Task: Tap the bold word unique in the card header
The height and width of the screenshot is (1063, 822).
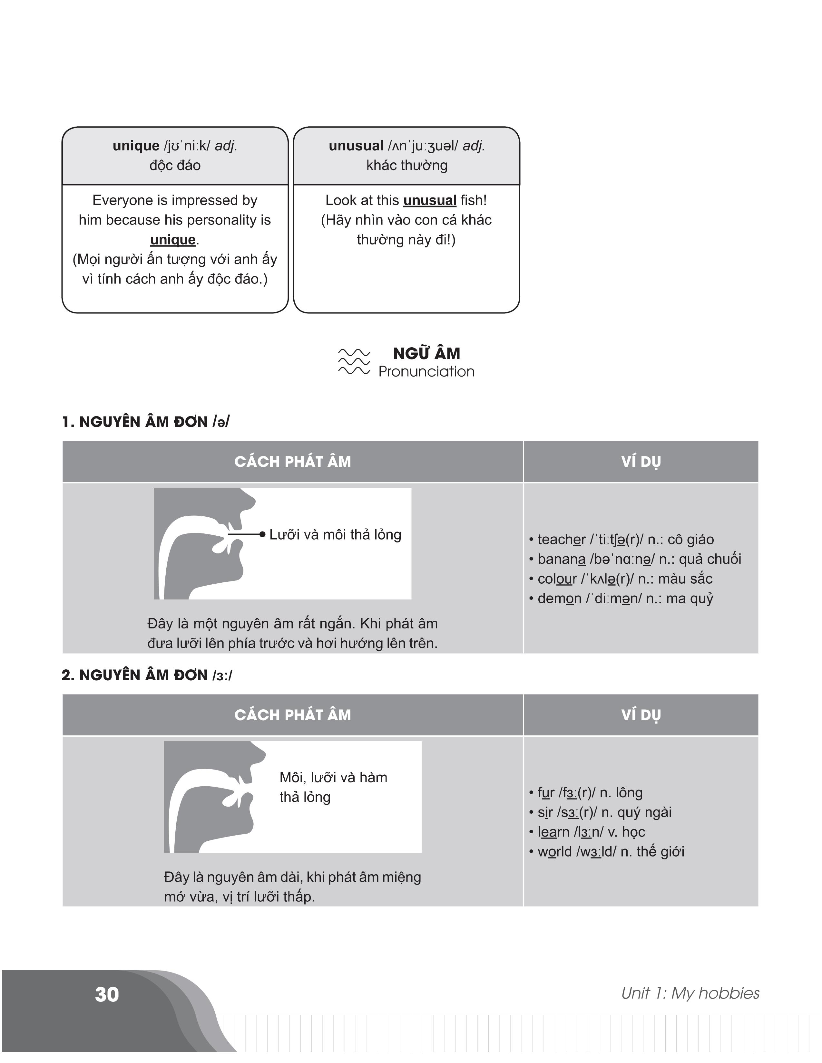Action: pos(136,146)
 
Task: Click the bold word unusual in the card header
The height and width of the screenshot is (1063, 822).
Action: pos(356,146)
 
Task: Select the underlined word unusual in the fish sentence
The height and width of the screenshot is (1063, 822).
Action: pos(429,201)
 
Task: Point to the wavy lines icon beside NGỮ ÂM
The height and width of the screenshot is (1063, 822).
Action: pos(354,362)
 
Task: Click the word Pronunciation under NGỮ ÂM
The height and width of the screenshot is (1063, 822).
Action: pos(426,372)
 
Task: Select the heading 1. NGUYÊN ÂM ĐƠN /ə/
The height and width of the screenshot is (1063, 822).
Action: pos(145,422)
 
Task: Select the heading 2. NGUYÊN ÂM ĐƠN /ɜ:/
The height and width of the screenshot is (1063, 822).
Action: pos(147,675)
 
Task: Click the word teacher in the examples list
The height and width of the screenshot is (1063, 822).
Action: pos(561,539)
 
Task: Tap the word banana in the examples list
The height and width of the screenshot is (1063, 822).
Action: pos(561,559)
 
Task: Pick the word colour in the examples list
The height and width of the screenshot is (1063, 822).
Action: pos(557,579)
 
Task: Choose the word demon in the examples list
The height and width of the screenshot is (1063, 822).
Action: pos(559,599)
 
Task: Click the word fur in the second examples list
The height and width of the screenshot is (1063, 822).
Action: pos(546,793)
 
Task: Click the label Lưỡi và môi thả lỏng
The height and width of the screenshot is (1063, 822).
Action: pos(335,534)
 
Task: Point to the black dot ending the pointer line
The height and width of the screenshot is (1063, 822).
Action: pos(262,534)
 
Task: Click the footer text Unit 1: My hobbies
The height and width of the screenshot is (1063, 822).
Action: pos(690,993)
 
